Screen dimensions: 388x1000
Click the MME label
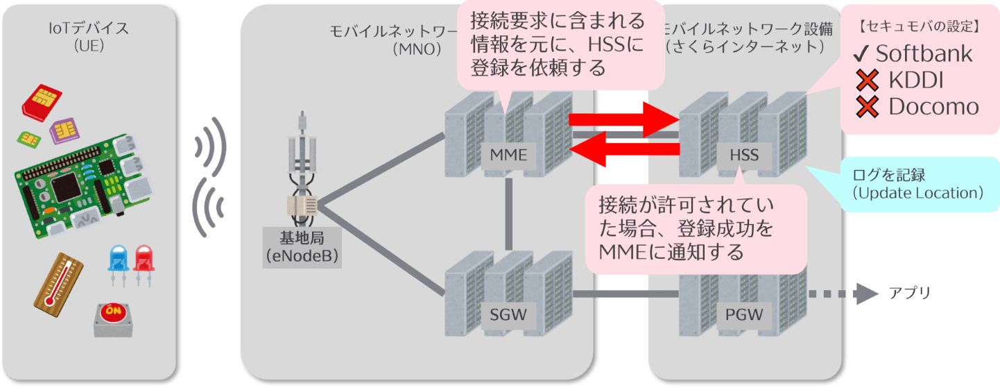508,155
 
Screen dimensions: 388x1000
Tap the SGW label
508,315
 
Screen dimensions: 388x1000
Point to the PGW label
743,315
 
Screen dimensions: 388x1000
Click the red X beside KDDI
867,81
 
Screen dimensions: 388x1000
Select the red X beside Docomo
867,107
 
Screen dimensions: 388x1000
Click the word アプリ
908,294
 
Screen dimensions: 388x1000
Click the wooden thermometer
58,280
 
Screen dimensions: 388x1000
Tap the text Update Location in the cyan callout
917,193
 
